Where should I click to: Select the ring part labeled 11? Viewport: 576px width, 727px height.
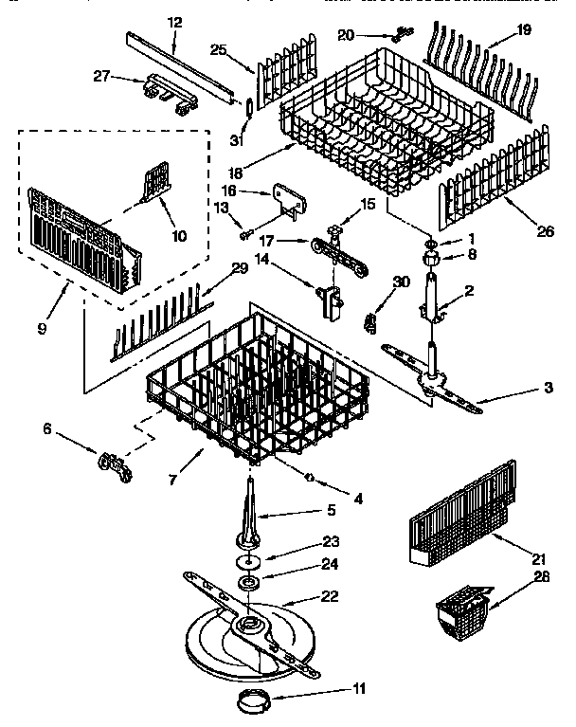pyautogui.click(x=252, y=703)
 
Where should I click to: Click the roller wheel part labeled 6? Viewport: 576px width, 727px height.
pyautogui.click(x=112, y=464)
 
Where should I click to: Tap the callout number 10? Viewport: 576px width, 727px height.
pyautogui.click(x=177, y=235)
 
